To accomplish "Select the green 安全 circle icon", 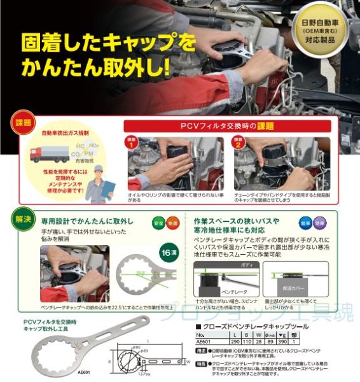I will [x=158, y=223].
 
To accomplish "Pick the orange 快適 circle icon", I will [x=173, y=223].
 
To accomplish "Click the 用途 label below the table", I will [x=200, y=350].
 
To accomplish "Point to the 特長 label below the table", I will [x=200, y=365].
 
